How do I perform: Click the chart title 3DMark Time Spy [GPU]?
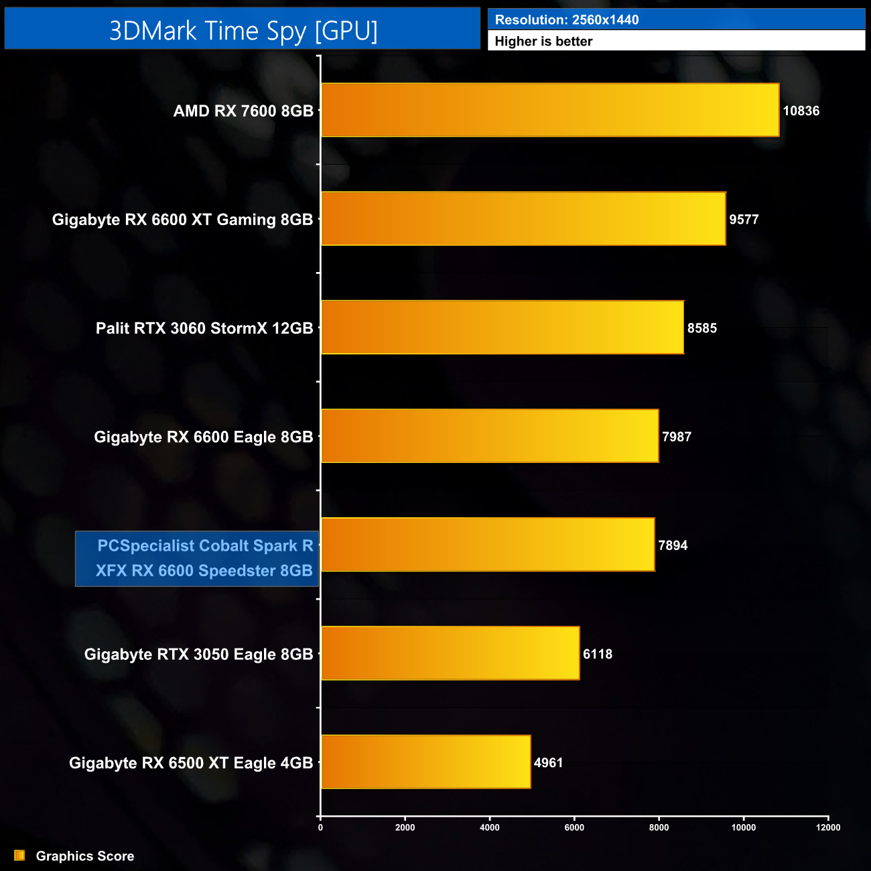click(243, 31)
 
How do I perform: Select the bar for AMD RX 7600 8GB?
click(549, 110)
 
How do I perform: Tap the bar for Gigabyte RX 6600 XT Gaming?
click(523, 218)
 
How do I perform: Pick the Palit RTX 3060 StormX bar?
click(502, 327)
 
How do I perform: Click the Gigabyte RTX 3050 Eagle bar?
click(450, 653)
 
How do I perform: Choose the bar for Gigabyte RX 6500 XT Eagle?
click(425, 762)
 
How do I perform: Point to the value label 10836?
click(801, 111)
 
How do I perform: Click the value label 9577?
click(744, 219)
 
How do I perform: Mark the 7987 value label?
click(677, 437)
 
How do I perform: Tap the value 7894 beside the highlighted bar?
click(673, 545)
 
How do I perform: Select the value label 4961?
click(548, 762)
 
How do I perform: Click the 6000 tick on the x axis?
click(574, 827)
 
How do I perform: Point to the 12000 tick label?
click(827, 827)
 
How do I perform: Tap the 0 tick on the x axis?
click(320, 827)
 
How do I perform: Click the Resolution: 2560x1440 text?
click(567, 20)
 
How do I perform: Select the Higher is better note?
click(543, 42)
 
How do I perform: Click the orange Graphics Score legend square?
click(19, 856)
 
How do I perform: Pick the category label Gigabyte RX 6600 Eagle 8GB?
click(204, 437)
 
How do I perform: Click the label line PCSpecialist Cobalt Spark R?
click(205, 545)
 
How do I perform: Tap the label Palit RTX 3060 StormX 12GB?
click(204, 328)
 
